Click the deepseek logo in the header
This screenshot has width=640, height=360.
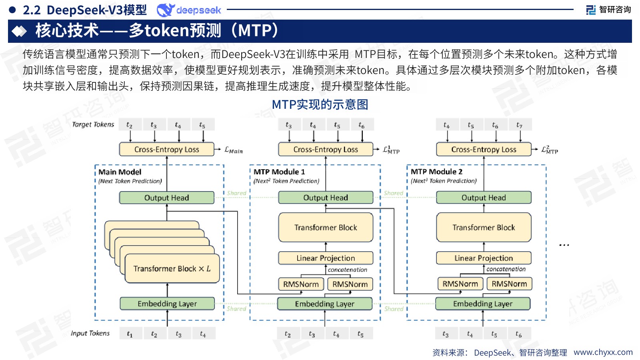tap(189, 10)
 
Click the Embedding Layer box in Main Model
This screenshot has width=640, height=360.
tap(167, 304)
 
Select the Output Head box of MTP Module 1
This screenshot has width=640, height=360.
tap(326, 198)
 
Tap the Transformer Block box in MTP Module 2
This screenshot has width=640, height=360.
tap(484, 227)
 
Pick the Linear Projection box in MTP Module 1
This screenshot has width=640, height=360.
tap(326, 258)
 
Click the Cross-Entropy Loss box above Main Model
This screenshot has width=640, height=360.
tap(166, 149)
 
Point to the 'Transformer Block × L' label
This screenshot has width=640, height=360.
tap(172, 268)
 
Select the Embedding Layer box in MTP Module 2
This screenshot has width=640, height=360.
tap(482, 304)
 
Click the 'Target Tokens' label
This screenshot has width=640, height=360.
tap(93, 124)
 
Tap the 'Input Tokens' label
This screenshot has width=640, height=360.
tap(90, 333)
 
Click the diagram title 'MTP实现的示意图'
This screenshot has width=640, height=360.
tap(320, 104)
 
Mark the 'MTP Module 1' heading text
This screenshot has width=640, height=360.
tap(279, 172)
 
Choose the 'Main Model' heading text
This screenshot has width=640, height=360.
tap(120, 172)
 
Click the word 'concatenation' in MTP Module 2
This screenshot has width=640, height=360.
tap(506, 269)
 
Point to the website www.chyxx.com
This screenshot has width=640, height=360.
tap(603, 352)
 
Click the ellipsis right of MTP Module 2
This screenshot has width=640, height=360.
tap(564, 245)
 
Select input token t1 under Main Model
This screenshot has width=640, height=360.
tap(130, 334)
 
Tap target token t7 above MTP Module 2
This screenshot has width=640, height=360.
tap(519, 125)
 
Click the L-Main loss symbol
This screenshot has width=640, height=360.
tap(234, 150)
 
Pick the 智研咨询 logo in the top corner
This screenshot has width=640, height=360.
tap(608, 10)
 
